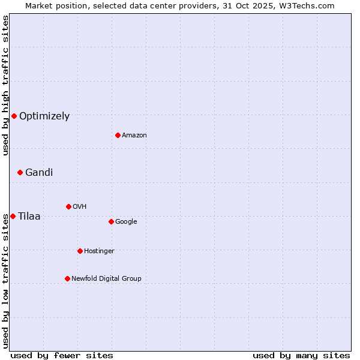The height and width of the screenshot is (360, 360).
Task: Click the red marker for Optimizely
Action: click(x=14, y=116)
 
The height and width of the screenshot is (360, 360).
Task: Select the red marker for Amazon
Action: click(x=118, y=135)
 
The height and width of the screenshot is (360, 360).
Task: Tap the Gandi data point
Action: click(x=20, y=172)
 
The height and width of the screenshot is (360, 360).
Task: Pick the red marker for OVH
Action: click(x=68, y=206)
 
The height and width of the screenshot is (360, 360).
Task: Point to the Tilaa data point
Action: click(x=13, y=216)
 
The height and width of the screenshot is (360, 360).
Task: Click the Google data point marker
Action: click(x=111, y=221)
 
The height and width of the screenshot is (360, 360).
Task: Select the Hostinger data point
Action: click(x=80, y=251)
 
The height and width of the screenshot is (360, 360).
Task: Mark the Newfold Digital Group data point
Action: click(x=67, y=278)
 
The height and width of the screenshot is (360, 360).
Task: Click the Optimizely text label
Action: click(x=44, y=116)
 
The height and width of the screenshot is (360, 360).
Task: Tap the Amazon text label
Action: click(x=134, y=136)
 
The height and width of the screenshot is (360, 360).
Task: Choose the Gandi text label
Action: click(x=39, y=173)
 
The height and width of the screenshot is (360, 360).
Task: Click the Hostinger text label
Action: click(x=99, y=251)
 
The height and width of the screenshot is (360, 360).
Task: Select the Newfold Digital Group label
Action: click(x=106, y=279)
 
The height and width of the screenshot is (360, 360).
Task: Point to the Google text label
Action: click(x=126, y=222)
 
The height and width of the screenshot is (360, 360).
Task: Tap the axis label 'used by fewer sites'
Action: click(x=62, y=355)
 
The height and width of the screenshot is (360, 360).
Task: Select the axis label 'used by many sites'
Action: click(x=301, y=355)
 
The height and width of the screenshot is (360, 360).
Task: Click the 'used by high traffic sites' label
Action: click(x=5, y=85)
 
